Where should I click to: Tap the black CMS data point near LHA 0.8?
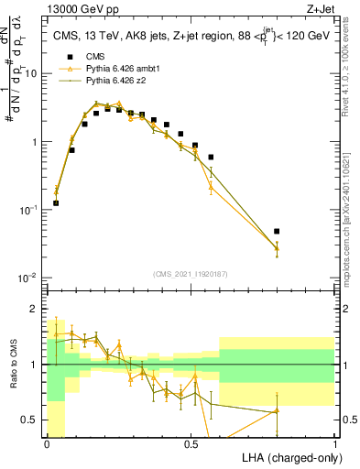point(277,231)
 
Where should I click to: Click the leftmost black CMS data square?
point(56,202)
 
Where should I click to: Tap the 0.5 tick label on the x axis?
point(191,444)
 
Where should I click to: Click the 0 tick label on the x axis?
point(47,444)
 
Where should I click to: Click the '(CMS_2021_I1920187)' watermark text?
point(191,275)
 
